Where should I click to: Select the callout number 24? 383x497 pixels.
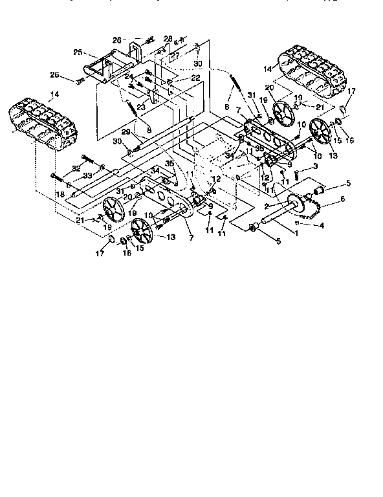click(129, 76)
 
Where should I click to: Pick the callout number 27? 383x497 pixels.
click(174, 56)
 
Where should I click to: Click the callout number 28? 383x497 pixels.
click(168, 40)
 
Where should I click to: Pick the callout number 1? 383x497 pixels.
click(296, 234)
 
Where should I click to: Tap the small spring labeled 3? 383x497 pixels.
click(298, 173)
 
